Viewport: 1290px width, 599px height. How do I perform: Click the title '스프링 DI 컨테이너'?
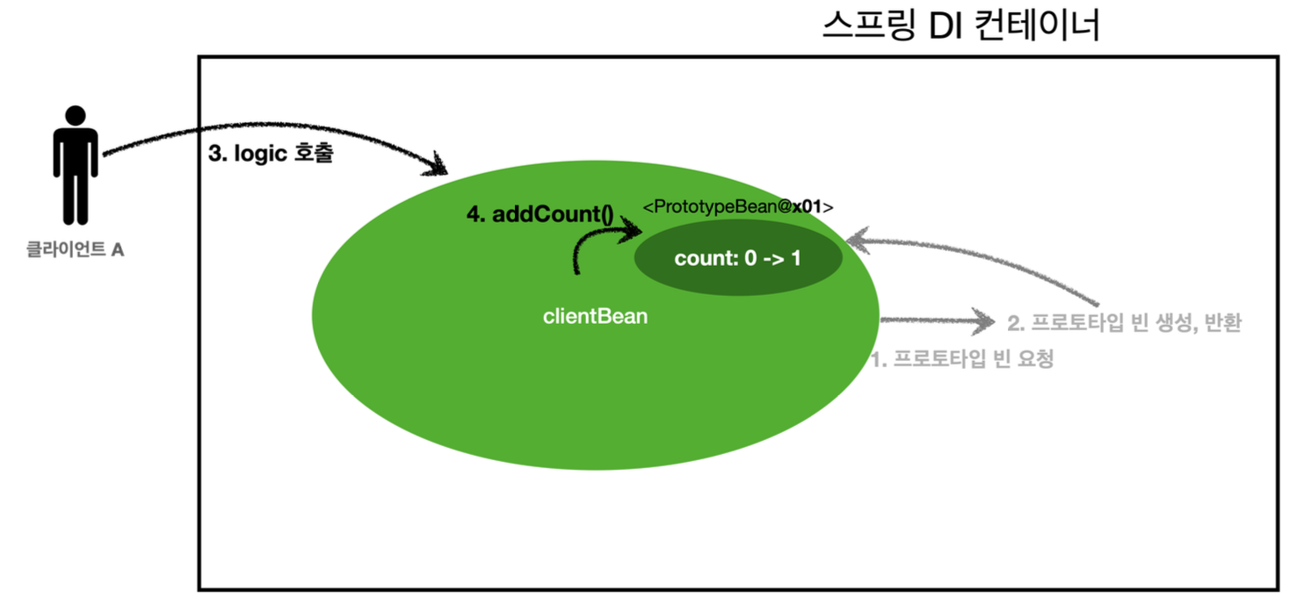coord(961,26)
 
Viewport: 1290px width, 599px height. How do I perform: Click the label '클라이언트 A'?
coord(75,249)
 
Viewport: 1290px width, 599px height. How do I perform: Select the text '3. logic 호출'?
coord(271,155)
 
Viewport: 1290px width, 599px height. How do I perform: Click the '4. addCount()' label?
coord(540,216)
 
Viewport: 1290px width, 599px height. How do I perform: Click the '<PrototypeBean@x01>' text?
coord(738,206)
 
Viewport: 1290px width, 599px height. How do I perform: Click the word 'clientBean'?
coord(595,316)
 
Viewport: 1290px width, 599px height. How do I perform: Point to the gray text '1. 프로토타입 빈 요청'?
coord(961,358)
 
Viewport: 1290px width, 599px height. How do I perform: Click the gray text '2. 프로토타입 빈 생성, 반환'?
coord(1124,322)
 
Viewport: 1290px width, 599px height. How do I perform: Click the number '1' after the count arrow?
coord(795,259)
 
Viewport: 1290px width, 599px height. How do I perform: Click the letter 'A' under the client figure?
coord(118,249)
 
